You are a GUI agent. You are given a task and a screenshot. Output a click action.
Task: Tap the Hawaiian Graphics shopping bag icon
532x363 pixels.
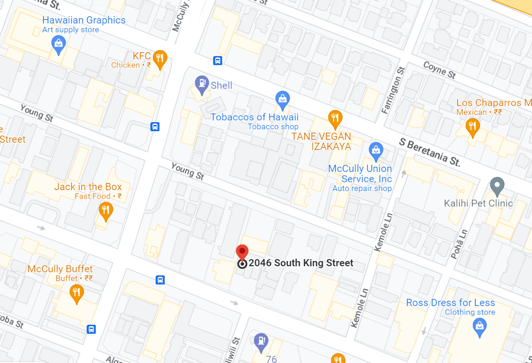(x=58, y=44)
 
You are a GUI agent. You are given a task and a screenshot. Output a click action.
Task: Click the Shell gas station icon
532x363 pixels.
(x=202, y=84)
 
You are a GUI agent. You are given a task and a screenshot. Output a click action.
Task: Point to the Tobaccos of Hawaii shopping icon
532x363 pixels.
(x=283, y=100)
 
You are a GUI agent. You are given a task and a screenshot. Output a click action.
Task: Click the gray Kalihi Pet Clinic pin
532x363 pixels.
(x=498, y=185)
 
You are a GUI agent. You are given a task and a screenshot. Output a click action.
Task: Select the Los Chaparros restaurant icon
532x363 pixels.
(x=473, y=126)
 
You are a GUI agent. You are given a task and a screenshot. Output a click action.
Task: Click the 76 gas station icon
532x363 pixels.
(x=261, y=340)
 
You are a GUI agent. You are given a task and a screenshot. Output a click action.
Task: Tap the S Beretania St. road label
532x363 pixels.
(x=430, y=152)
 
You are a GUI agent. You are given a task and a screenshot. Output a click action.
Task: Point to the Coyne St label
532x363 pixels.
(x=440, y=70)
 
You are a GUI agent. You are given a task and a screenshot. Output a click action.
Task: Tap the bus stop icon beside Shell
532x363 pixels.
(x=218, y=61)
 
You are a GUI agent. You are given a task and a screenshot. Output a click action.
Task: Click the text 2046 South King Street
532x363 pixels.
(x=301, y=263)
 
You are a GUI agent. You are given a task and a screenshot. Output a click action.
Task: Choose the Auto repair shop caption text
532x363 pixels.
(x=362, y=189)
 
